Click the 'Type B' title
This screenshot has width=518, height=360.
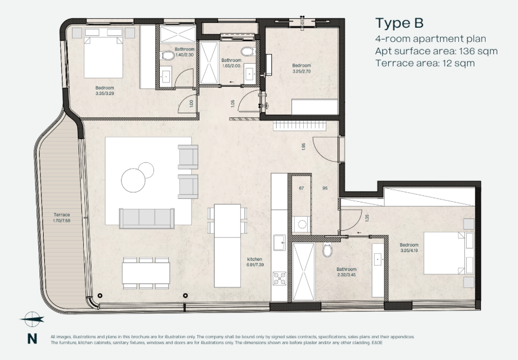point(399,23)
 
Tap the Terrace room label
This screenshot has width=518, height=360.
point(62,218)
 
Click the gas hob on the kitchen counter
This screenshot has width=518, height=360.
point(279,279)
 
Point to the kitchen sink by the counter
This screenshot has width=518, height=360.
point(280,243)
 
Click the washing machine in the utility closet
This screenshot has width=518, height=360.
point(301,224)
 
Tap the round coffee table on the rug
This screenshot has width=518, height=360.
point(134,180)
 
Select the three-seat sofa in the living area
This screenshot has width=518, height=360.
point(146,218)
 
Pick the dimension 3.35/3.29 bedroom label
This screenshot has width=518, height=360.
point(105,90)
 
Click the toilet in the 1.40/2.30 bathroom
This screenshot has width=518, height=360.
point(168,55)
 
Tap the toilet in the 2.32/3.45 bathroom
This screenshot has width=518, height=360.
point(327,250)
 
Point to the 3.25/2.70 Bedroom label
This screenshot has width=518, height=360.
point(301,68)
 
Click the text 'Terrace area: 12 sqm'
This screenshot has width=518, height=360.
point(425,63)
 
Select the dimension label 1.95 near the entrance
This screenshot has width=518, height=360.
point(304,146)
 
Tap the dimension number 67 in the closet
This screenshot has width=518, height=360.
point(301,188)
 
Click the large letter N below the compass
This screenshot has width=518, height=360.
point(32,339)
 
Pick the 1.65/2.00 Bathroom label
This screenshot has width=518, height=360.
point(231,63)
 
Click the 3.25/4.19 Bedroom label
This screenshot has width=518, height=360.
point(409,248)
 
